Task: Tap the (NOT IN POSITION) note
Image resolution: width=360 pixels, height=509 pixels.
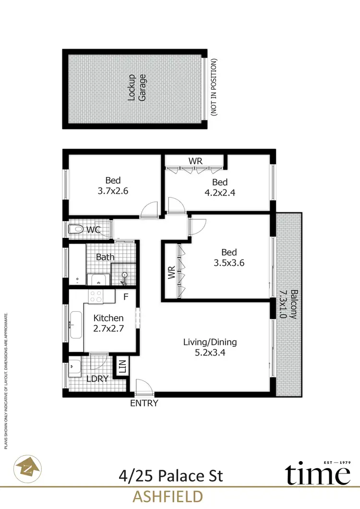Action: [214, 87]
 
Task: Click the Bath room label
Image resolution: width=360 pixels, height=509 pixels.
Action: [105, 257]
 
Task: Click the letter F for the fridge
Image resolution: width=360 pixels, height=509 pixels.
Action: [126, 297]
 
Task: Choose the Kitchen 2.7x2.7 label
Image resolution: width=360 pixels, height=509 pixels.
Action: [108, 323]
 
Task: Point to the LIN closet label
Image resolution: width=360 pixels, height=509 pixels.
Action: [121, 368]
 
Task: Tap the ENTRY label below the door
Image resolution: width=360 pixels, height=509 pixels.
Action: [144, 403]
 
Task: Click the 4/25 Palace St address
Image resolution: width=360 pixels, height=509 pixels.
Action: [171, 476]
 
